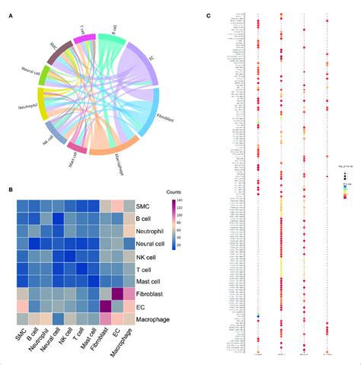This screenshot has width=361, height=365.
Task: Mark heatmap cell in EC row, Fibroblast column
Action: click(x=105, y=307)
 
